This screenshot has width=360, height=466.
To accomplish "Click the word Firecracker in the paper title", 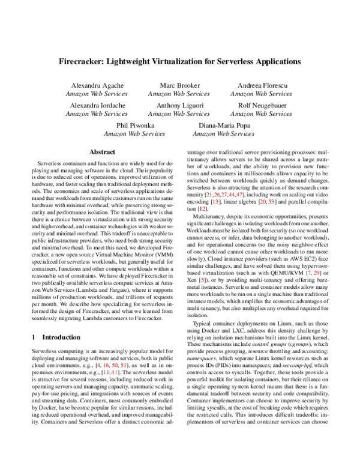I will tap(83, 62).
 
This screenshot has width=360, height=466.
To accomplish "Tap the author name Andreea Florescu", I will tap(262, 85).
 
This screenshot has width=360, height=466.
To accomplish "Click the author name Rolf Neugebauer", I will tap(262, 104).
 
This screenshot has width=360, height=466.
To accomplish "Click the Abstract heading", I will tap(102, 153).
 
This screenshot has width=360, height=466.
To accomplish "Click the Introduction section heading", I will tap(64, 337).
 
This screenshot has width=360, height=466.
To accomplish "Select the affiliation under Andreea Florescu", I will tap(262, 94).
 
